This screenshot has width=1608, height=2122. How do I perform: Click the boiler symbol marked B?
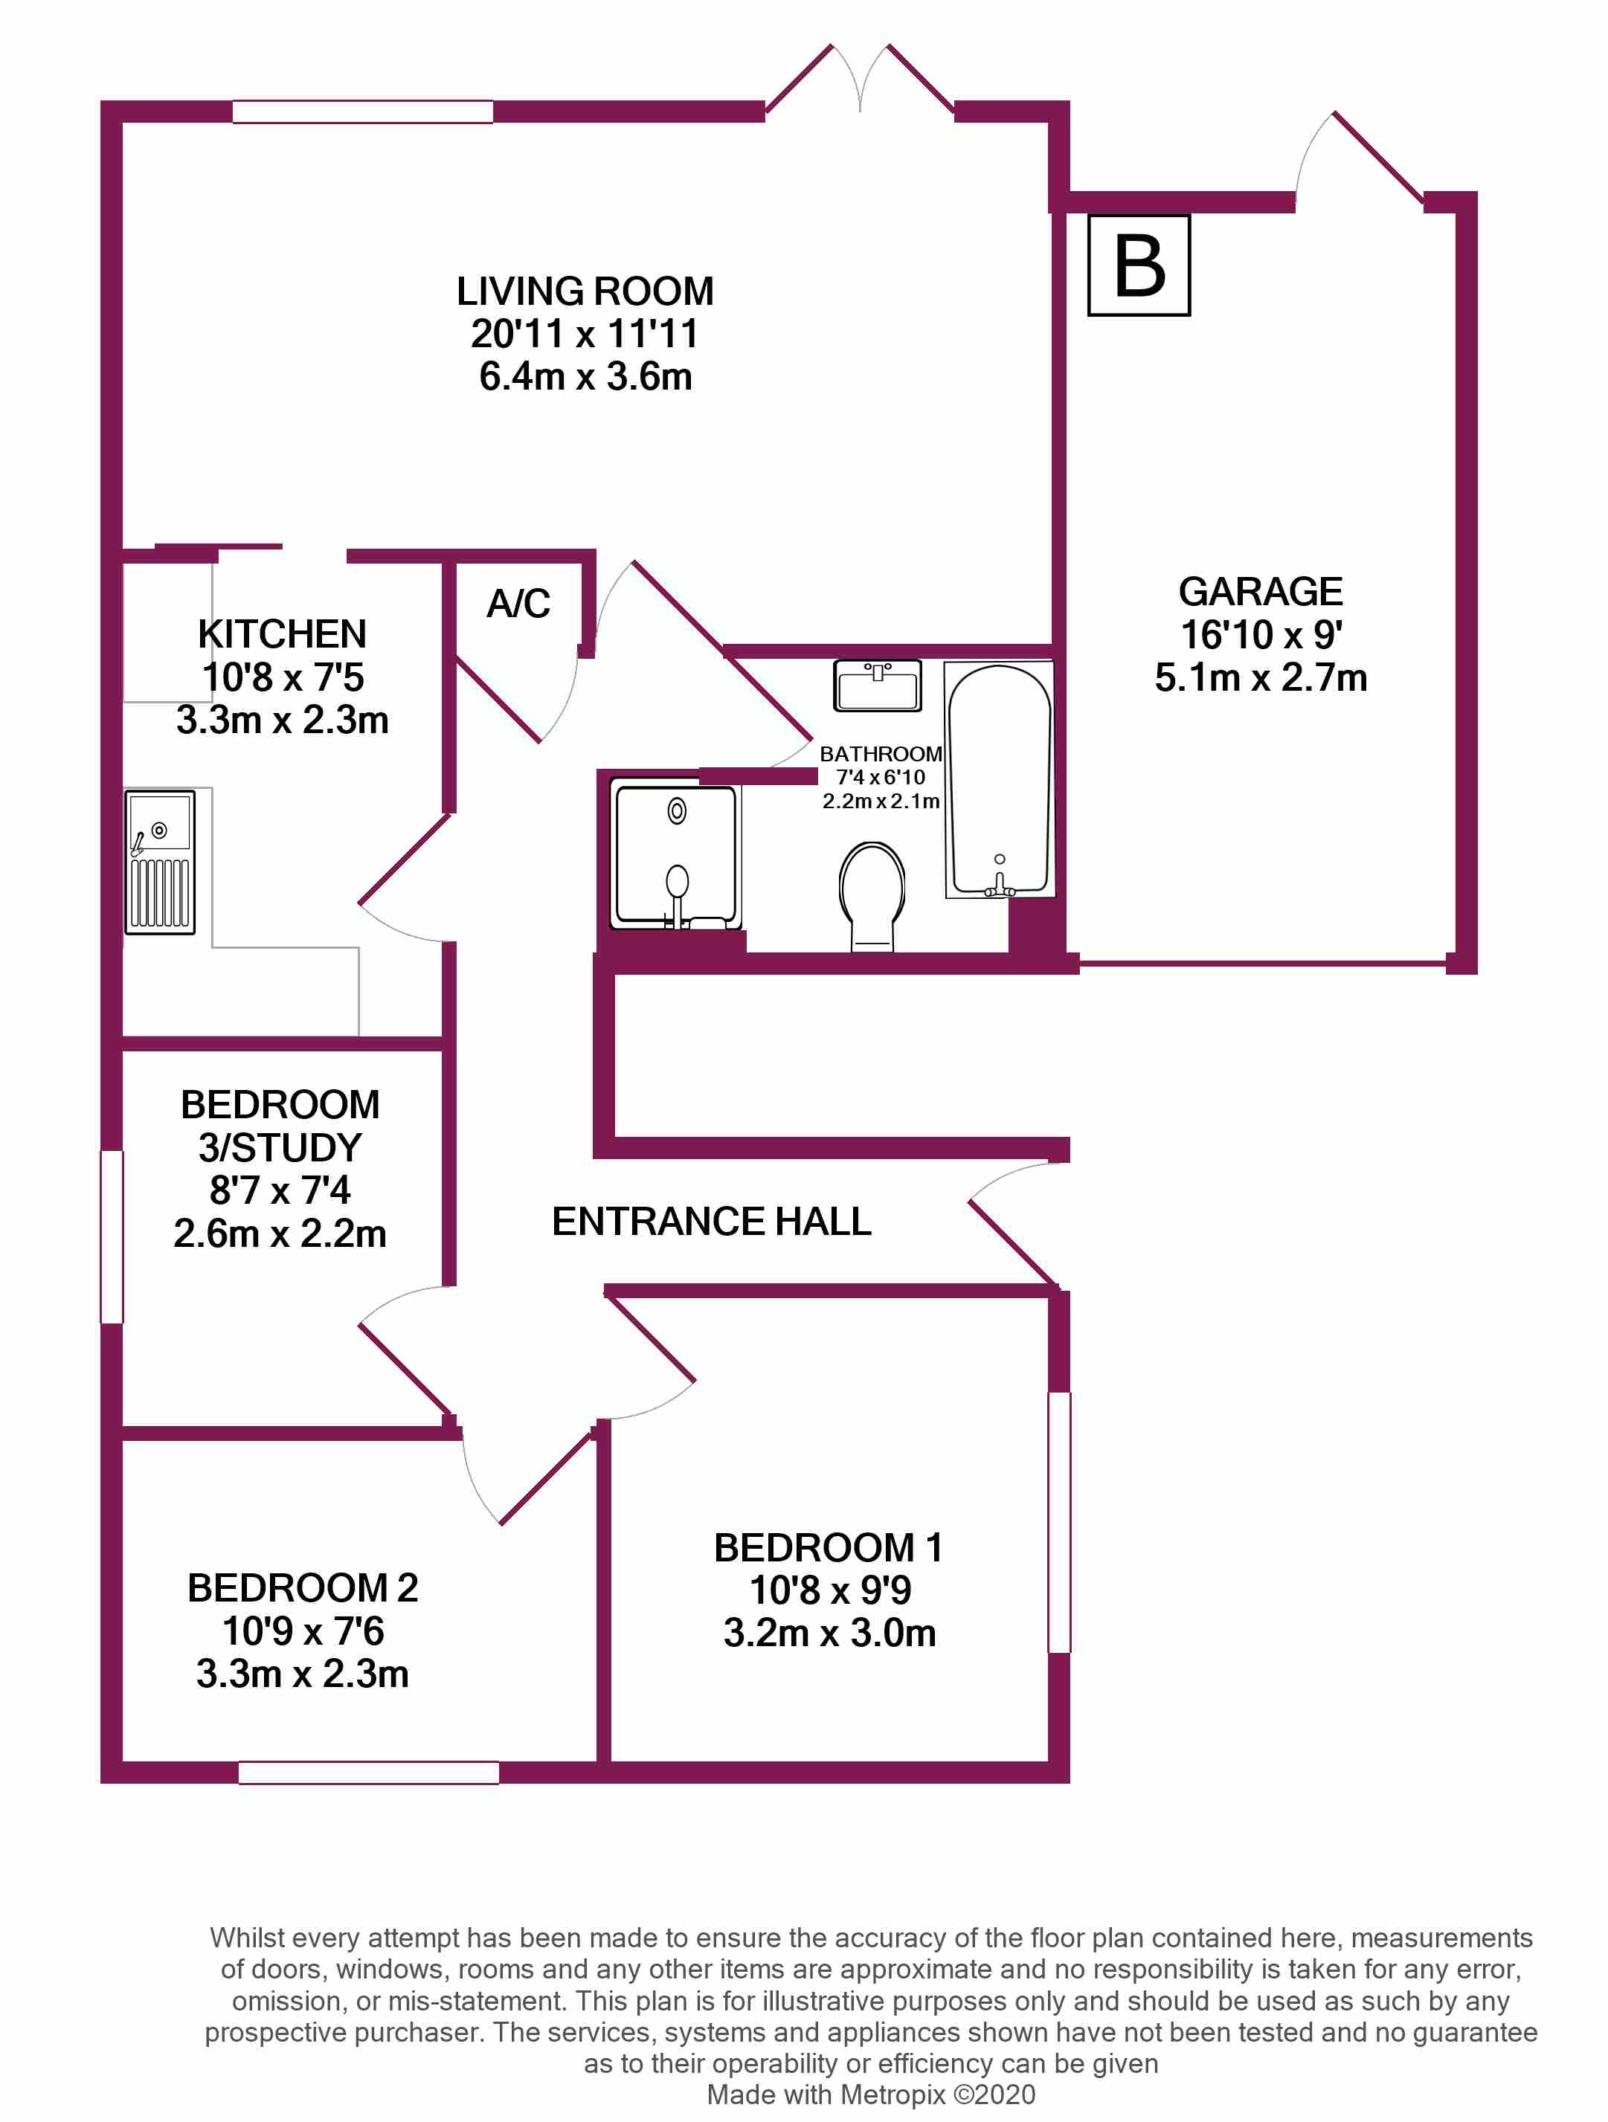1139,265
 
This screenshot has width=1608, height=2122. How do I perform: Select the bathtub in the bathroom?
999,779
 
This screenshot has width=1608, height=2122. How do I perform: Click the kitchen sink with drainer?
160,862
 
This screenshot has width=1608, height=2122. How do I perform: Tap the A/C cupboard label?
518,604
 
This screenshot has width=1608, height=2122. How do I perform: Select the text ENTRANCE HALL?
711,1221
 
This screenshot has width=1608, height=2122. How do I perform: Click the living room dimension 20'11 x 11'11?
585,334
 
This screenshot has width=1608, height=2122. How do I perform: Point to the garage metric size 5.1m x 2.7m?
1260,677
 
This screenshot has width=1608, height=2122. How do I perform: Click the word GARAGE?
1260,592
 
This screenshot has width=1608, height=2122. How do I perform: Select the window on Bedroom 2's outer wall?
368,1772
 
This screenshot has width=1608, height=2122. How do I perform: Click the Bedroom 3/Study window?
112,1236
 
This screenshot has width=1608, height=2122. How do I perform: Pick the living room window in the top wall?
363,112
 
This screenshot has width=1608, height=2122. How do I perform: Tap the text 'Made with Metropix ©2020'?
870,2094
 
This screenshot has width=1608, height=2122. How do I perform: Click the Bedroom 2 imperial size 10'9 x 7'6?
303,1631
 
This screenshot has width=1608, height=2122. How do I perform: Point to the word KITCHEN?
282,634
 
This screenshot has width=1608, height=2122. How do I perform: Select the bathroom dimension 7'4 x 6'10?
880,777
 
